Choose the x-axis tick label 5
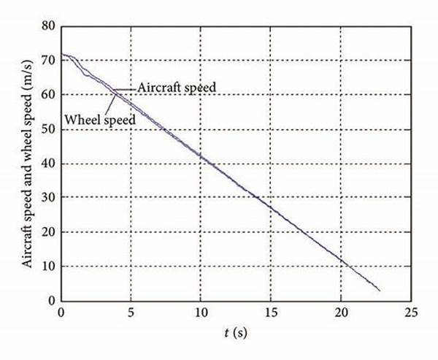coord(131,312)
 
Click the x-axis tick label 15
coord(271,312)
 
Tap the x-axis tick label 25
coord(411,312)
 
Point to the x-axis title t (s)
coord(236,332)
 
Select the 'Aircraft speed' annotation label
coord(175,87)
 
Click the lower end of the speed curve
coord(380,291)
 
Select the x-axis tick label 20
coord(341,312)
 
